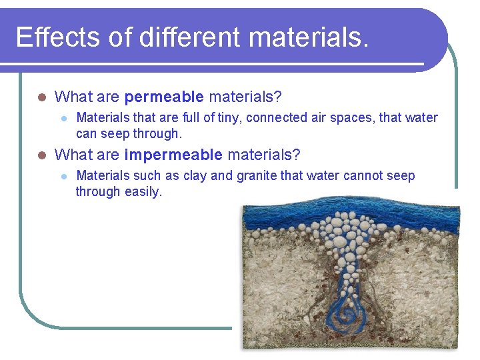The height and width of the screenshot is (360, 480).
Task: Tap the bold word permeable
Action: pyautogui.click(x=164, y=97)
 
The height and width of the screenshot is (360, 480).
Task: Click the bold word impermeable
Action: pyautogui.click(x=173, y=155)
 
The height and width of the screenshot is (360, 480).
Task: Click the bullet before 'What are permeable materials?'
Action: pyautogui.click(x=41, y=97)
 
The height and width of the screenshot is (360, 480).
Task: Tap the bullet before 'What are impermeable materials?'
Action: pyautogui.click(x=41, y=155)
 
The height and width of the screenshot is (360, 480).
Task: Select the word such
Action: pyautogui.click(x=148, y=176)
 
